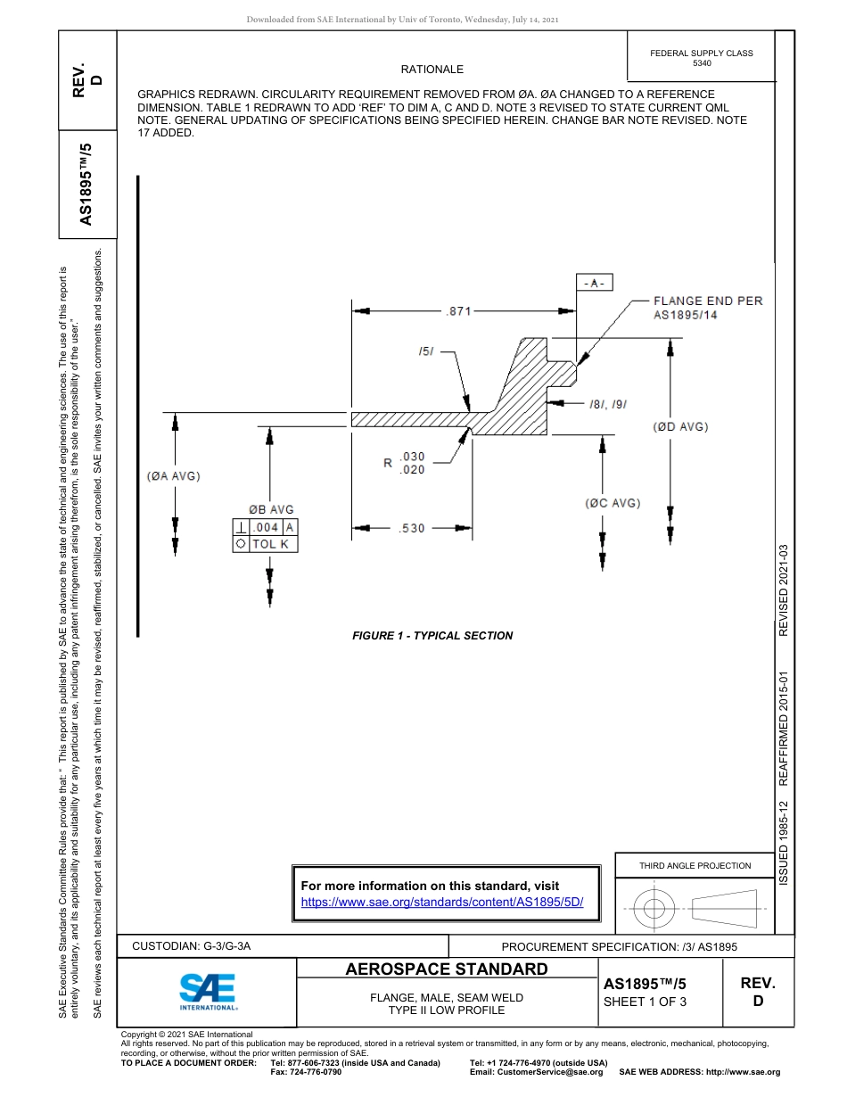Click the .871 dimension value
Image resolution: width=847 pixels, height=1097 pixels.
[458, 311]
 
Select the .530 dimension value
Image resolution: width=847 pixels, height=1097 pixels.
[411, 528]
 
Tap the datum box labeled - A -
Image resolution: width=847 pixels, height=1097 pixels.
[594, 284]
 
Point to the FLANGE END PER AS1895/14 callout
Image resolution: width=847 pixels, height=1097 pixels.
[708, 308]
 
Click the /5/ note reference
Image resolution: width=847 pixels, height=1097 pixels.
[425, 351]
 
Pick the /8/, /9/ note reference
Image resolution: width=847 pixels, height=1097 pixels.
[608, 404]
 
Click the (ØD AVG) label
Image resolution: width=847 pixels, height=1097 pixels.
[680, 427]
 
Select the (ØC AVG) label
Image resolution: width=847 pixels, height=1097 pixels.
[613, 503]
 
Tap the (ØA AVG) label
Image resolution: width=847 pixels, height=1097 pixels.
[174, 476]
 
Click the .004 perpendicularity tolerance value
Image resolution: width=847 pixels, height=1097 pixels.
[267, 527]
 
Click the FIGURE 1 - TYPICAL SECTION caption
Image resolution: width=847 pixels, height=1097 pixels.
[432, 636]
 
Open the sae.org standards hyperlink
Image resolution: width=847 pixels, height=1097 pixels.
[442, 902]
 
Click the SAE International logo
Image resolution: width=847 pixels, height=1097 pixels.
[207, 990]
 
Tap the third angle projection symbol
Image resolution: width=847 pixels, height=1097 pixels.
[695, 909]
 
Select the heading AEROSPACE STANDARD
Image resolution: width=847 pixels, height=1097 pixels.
[447, 969]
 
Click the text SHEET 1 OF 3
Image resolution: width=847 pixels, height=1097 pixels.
[645, 1002]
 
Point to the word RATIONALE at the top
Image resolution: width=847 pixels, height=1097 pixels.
[432, 70]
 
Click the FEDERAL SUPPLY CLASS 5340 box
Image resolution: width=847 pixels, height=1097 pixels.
[701, 58]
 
